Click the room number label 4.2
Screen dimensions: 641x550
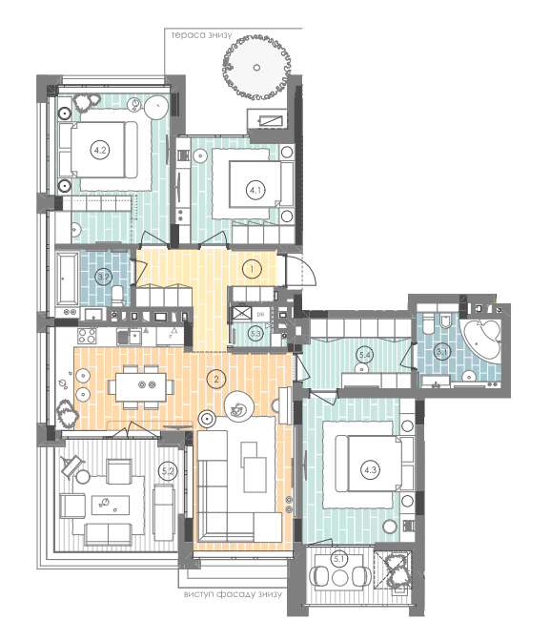100,150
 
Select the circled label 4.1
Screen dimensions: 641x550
255,190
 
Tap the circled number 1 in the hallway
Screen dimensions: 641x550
251,269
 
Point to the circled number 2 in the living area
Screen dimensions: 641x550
218,380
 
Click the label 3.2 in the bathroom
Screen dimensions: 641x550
105,277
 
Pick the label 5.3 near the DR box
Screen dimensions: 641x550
255,333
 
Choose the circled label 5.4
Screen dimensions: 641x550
363,356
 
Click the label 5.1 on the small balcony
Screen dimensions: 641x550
338,559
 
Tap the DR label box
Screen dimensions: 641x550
259,313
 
